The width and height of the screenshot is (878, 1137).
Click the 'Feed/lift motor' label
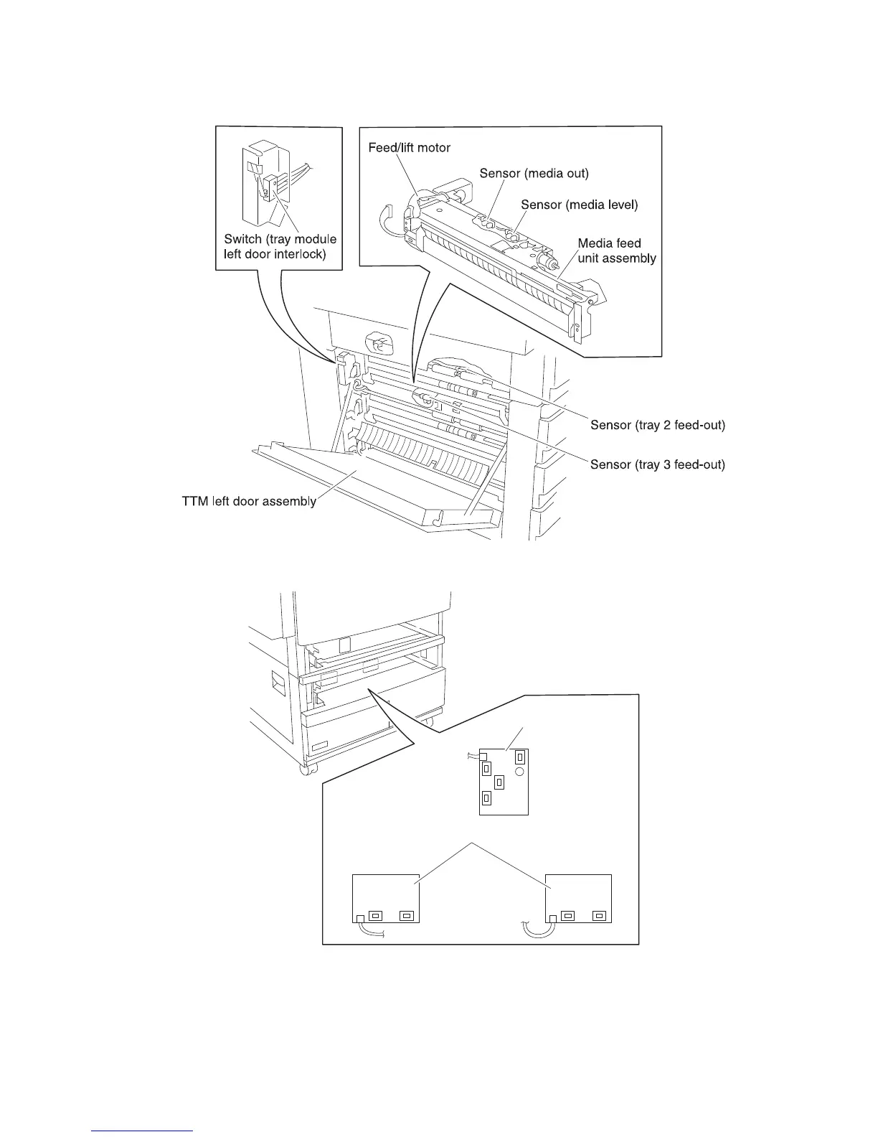pyautogui.click(x=409, y=148)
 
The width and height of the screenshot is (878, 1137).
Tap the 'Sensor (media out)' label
pyautogui.click(x=534, y=174)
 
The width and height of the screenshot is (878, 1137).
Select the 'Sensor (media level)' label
pyautogui.click(x=579, y=205)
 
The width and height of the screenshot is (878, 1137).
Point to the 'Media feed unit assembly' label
pyautogui.click(x=616, y=251)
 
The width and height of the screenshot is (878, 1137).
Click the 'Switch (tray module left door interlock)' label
pyautogui.click(x=280, y=246)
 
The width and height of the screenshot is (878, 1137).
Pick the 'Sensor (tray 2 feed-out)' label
pyautogui.click(x=657, y=426)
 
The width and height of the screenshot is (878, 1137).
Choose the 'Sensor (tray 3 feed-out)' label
pyautogui.click(x=657, y=465)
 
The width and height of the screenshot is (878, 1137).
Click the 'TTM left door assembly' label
pyautogui.click(x=248, y=501)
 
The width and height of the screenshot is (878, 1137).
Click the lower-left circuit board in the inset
pyautogui.click(x=385, y=894)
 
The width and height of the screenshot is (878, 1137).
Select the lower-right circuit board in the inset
pyautogui.click(x=578, y=894)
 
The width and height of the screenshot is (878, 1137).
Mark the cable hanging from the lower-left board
pyautogui.click(x=372, y=930)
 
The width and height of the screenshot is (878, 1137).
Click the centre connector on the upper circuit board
pyautogui.click(x=499, y=782)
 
